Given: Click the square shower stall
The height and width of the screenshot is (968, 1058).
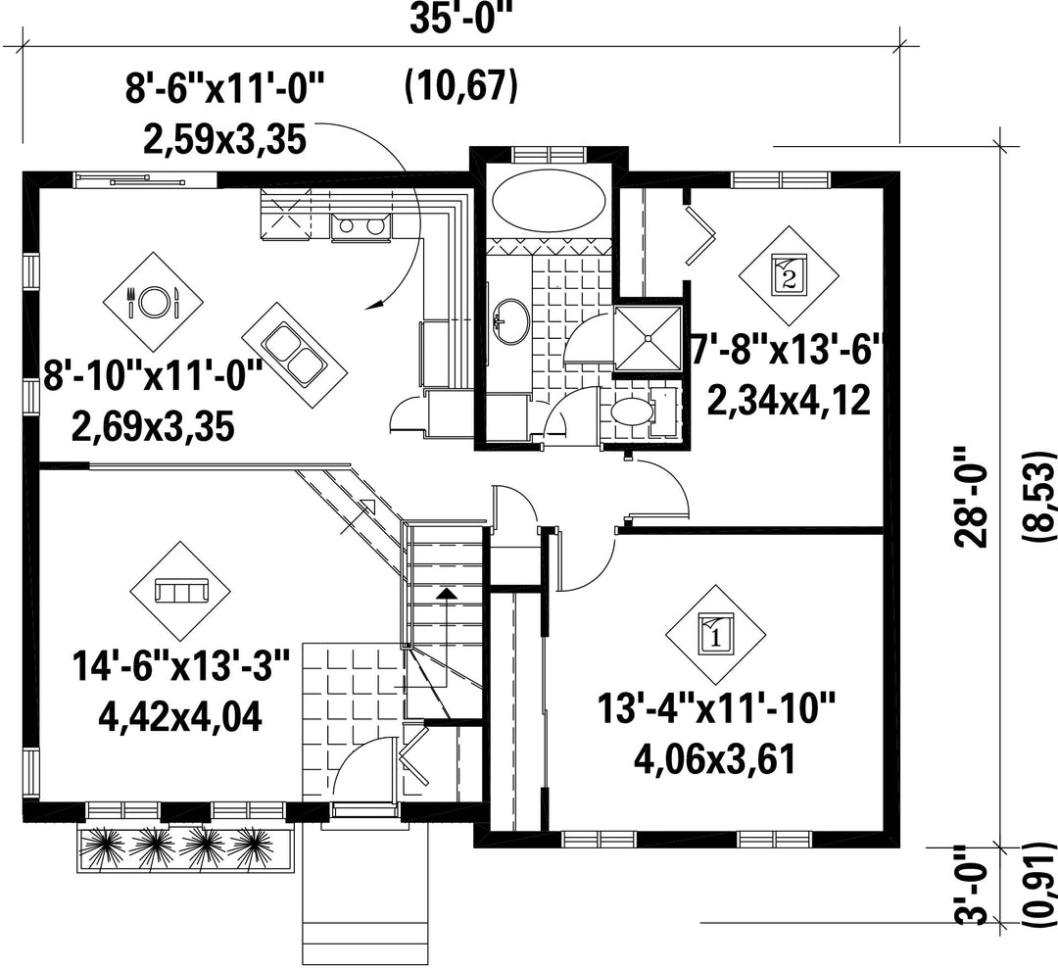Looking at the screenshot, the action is [x=649, y=338].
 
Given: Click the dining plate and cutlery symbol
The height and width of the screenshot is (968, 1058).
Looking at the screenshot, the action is [x=153, y=302].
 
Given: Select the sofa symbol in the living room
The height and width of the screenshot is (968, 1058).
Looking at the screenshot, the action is [x=180, y=592].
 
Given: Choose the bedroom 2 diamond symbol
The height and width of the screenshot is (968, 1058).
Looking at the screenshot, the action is [x=788, y=275].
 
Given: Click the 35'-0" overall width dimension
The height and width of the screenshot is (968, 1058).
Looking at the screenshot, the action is [x=457, y=20].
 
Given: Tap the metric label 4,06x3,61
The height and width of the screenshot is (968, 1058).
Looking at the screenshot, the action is [x=715, y=758].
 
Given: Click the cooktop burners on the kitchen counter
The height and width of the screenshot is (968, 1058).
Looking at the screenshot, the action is [x=361, y=226].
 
